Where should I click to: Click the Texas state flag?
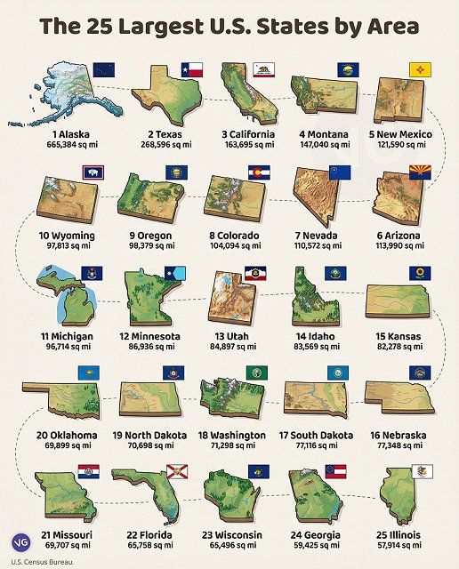coord(191,68)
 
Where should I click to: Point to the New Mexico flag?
coord(419,69)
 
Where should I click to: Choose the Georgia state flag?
coord(334,471)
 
